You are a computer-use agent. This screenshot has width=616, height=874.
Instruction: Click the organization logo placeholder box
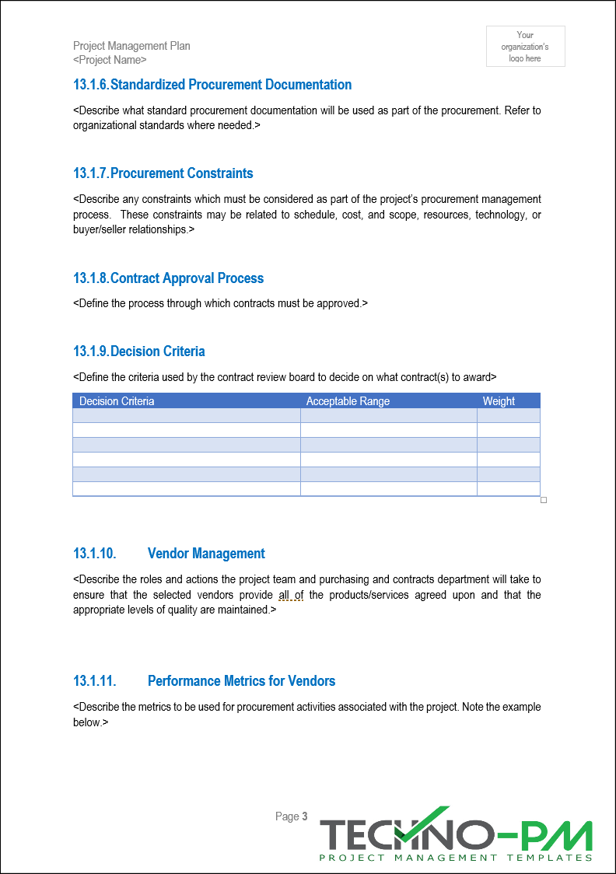click(526, 47)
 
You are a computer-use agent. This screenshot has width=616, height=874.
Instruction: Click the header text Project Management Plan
click(131, 46)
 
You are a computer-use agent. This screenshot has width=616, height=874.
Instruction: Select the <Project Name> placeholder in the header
click(110, 60)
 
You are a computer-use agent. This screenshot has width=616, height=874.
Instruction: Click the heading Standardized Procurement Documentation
click(231, 85)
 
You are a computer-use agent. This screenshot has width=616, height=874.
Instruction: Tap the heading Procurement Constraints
click(182, 173)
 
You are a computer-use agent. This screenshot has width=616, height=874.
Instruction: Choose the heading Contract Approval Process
click(187, 278)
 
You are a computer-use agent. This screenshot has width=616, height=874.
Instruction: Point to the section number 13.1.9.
click(90, 351)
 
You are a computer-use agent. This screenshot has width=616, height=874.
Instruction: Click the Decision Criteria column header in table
click(117, 401)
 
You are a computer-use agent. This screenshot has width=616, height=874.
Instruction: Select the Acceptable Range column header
click(348, 401)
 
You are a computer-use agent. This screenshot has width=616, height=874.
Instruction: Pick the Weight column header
click(499, 401)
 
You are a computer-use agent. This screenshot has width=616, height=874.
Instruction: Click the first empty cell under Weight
click(508, 415)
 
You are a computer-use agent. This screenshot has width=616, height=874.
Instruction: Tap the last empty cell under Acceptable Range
click(388, 489)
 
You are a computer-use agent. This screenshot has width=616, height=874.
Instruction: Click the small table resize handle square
click(544, 500)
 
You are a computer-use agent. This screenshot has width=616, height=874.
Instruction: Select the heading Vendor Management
click(206, 554)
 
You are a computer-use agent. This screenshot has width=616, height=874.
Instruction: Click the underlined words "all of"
click(291, 596)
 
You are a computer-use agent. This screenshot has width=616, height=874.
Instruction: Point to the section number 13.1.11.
click(94, 681)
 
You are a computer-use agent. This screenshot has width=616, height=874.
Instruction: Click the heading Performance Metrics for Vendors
click(241, 681)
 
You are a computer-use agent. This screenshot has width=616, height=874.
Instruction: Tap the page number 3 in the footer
click(305, 816)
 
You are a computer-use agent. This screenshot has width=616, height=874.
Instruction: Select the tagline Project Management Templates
click(456, 858)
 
